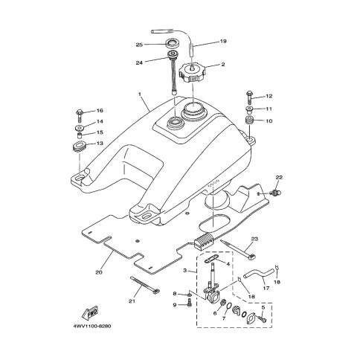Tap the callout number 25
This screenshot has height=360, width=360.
click(x=139, y=45)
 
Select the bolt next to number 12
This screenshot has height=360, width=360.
click(x=249, y=97)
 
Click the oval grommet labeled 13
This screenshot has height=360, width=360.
click(x=79, y=147)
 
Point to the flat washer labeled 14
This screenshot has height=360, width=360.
click(x=80, y=128)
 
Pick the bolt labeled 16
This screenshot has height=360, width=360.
click(x=79, y=115)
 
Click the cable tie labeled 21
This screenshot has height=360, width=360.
click(x=145, y=285)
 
